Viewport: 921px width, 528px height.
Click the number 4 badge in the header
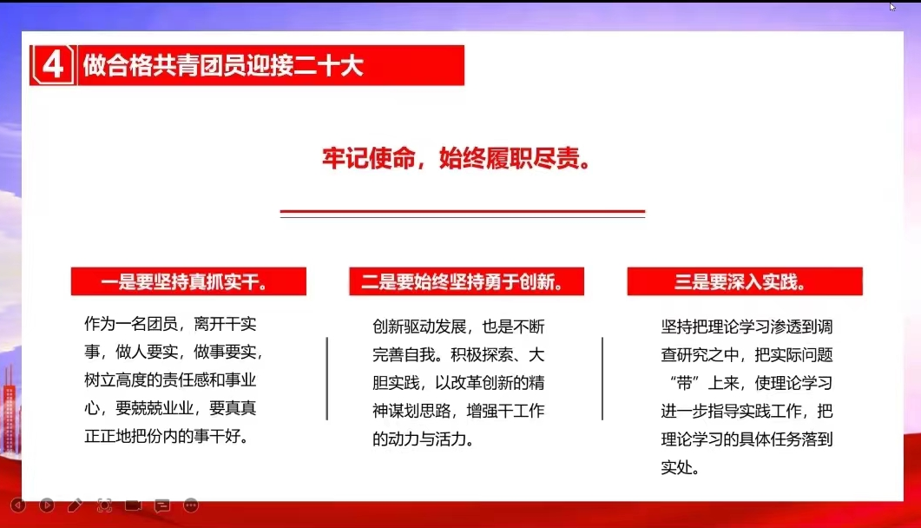click(x=54, y=64)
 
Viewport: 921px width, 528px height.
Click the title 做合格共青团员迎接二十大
click(x=223, y=65)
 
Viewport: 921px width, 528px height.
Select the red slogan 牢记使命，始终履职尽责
click(x=457, y=158)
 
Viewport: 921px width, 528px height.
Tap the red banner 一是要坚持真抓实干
click(x=188, y=281)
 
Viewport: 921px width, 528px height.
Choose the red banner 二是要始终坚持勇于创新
click(x=466, y=281)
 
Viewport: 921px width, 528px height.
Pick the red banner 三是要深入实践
click(x=745, y=281)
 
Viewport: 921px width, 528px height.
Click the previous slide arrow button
click(x=18, y=505)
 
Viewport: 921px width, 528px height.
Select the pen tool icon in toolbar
click(x=76, y=505)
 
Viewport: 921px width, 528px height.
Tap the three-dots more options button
click(x=191, y=505)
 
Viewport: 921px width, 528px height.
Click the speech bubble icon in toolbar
click(x=162, y=505)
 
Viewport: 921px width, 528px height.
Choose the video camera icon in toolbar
click(x=134, y=505)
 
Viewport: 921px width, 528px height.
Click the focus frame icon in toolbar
click(x=104, y=505)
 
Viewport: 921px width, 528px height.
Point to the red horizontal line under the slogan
click(x=463, y=211)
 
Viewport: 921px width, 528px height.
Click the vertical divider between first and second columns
click(x=326, y=379)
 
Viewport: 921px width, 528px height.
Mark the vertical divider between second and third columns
click(x=602, y=379)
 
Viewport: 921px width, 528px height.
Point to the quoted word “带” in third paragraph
click(x=684, y=383)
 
